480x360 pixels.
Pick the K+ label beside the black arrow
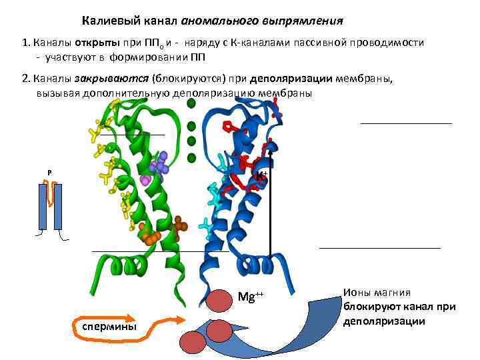(x=262, y=176)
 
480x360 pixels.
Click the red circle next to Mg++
(x=218, y=300)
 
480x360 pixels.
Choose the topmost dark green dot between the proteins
(x=191, y=103)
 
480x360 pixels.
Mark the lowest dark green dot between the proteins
(x=191, y=158)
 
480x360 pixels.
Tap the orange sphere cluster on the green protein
(x=150, y=233)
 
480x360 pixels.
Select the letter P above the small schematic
(x=49, y=173)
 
